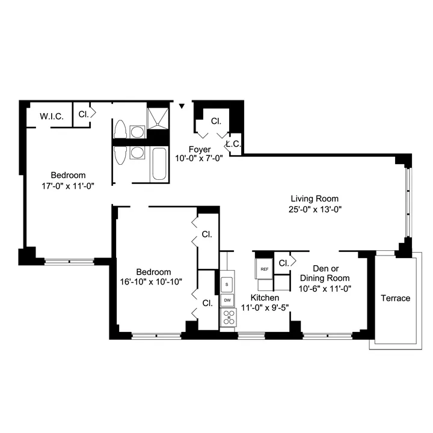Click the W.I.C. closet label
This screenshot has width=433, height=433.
(52, 115)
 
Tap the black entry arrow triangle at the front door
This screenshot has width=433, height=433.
(182, 106)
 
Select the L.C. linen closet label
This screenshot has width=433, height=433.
(233, 144)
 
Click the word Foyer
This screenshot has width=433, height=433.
(199, 150)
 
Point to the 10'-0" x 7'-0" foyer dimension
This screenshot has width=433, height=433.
(199, 159)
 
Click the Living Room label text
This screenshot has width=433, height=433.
(314, 198)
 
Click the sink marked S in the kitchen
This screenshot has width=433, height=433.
(227, 283)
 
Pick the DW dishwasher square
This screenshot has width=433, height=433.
(227, 300)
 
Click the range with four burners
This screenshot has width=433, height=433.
(228, 316)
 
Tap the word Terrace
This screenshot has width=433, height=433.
(396, 298)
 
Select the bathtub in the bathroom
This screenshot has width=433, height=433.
(159, 164)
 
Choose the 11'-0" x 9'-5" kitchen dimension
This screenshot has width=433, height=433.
(265, 307)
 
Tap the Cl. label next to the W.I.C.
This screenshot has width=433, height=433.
(84, 113)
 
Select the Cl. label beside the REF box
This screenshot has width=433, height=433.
(283, 263)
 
